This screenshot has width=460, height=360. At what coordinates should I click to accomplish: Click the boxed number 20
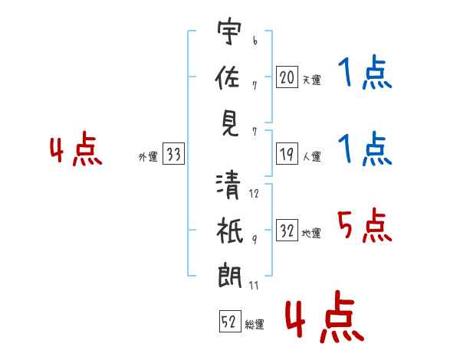pos(287,77)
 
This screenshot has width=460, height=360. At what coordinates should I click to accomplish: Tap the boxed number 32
pos(287,231)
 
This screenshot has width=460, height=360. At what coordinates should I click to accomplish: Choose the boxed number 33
pos(174,155)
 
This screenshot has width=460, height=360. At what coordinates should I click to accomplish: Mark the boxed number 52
pos(229,322)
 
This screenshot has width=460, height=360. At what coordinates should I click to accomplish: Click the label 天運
pos(311,80)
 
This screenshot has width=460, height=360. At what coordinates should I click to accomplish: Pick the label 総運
pos(255,325)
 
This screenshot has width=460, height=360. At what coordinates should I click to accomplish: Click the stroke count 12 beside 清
pos(255,194)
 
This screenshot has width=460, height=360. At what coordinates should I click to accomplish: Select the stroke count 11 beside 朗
pos(255,286)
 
